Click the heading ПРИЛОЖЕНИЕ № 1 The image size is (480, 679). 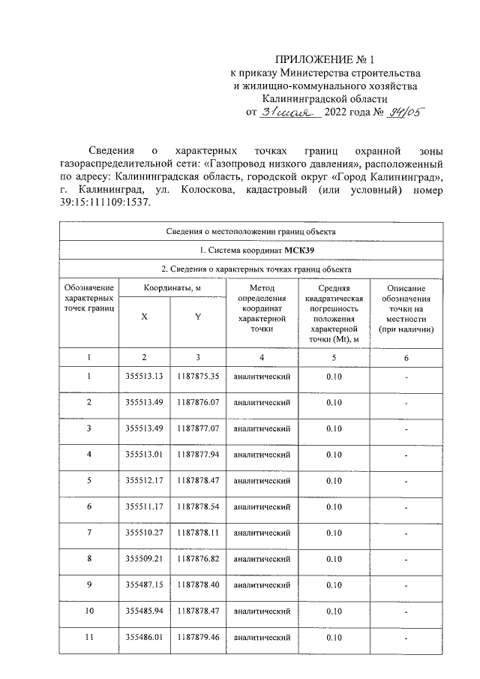click(x=325, y=59)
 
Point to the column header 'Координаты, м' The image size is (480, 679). click(x=170, y=288)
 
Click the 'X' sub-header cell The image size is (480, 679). click(x=144, y=317)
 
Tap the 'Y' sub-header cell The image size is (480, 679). click(x=198, y=317)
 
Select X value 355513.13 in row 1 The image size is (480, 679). click(x=145, y=376)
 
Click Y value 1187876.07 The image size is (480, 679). click(x=198, y=402)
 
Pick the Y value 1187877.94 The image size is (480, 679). click(x=198, y=455)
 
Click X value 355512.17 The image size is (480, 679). click(x=145, y=481)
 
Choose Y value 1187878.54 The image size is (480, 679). click(x=198, y=507)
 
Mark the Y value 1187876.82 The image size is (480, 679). click(x=198, y=559)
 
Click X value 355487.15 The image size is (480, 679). click(x=145, y=585)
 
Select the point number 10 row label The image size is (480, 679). click(x=88, y=611)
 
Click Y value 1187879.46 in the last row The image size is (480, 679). click(x=198, y=638)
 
